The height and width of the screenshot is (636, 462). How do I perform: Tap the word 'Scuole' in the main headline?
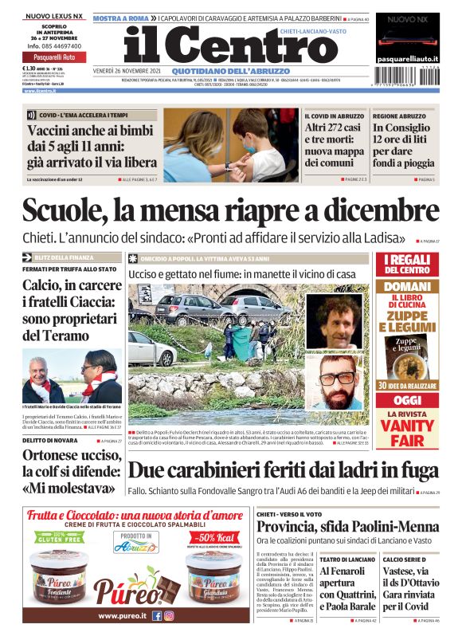(67, 211)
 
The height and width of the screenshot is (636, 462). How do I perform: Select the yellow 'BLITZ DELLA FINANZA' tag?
(69, 257)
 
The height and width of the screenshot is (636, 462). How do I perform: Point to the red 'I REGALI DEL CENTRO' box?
(409, 265)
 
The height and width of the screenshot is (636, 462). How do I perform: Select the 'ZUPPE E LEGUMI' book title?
(409, 320)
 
